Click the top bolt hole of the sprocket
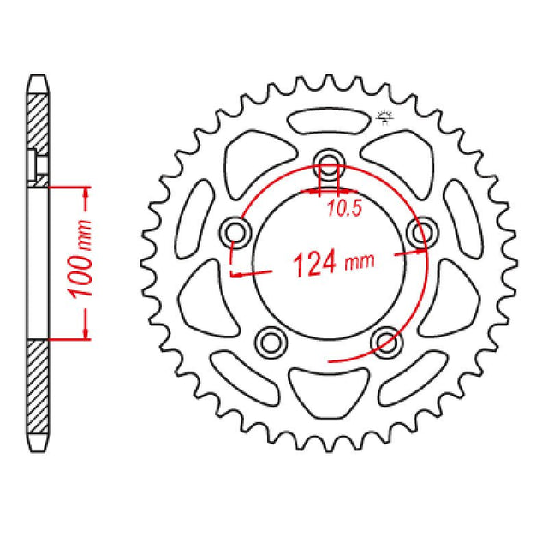click(x=328, y=161)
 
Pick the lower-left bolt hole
click(x=271, y=341)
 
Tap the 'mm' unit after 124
click(x=360, y=265)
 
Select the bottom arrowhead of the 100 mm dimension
click(x=86, y=331)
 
